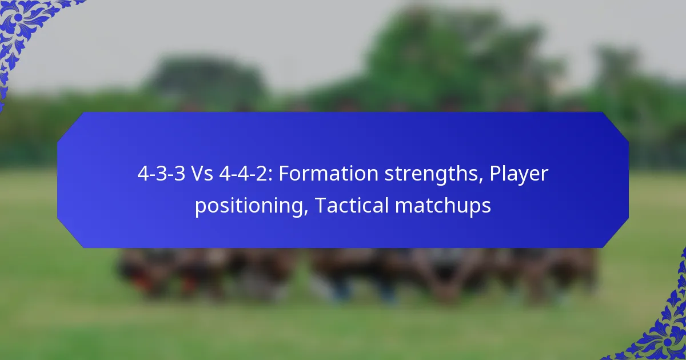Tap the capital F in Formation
click(284, 174)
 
